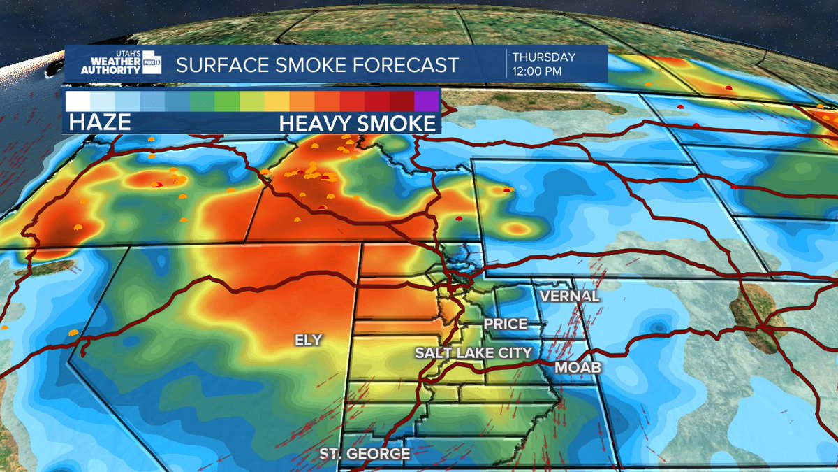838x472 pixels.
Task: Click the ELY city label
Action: pos(309,339)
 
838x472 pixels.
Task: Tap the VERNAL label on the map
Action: pos(568,296)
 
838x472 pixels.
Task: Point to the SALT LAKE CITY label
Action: pos(473,352)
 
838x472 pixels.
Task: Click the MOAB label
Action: pos(578,367)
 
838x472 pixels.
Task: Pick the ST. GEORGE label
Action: pos(365,454)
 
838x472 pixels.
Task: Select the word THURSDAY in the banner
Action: pos(544,57)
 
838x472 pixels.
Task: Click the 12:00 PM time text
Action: pos(538,71)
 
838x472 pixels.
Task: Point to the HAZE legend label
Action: pos(98,123)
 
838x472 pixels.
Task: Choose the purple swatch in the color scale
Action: pos(426,101)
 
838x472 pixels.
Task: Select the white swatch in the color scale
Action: pos(78,101)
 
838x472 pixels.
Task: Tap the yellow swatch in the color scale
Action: pos(277,101)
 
